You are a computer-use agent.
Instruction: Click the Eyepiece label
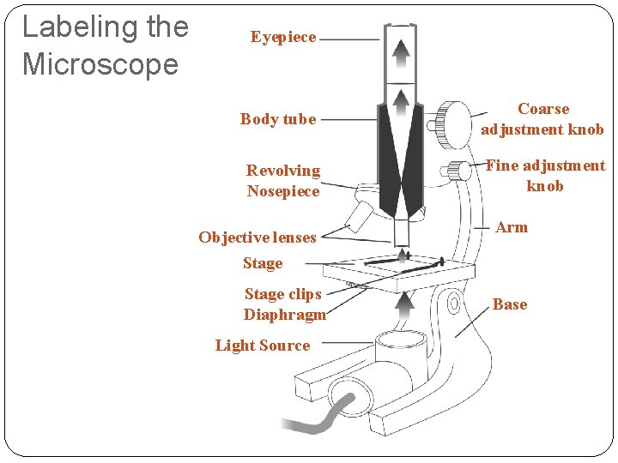pos(283,37)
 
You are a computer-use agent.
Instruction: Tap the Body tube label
pos(278,119)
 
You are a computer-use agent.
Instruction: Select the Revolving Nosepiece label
pos(283,181)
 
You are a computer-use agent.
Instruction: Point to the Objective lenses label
pos(257,238)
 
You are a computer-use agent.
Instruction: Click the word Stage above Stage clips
pos(263,263)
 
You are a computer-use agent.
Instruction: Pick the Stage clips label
pos(282,294)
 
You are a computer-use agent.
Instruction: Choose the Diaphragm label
pos(285,315)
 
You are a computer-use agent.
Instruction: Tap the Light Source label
pos(263,346)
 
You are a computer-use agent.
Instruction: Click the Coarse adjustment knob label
pos(542,119)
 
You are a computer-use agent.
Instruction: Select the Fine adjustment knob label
pos(545,176)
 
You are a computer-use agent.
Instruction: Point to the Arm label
pos(512,227)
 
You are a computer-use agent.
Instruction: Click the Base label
pos(510,304)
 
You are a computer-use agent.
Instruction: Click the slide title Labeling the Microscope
pos(105,45)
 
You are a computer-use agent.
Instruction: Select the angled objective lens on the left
pos(357,215)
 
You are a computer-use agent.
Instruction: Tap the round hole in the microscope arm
pos(451,302)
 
